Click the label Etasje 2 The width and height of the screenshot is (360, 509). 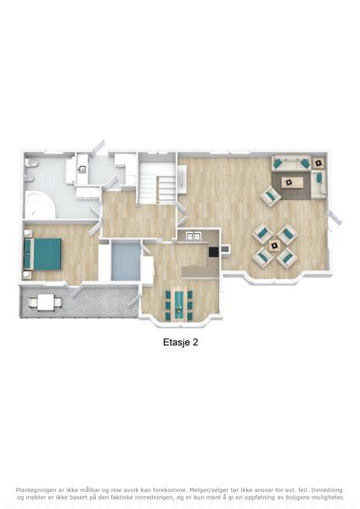pyautogui.click(x=180, y=342)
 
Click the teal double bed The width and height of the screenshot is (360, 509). pyautogui.click(x=42, y=254)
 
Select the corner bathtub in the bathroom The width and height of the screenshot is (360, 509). pyautogui.click(x=40, y=204)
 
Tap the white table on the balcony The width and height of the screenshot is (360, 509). pyautogui.click(x=46, y=302)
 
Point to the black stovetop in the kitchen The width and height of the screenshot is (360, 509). pyautogui.click(x=213, y=252)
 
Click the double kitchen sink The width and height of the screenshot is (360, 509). pyautogui.click(x=193, y=237)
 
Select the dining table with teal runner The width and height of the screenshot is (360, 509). pyautogui.click(x=179, y=305)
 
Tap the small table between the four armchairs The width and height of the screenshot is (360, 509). pyautogui.click(x=275, y=246)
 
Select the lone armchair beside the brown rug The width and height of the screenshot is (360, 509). pyautogui.click(x=270, y=195)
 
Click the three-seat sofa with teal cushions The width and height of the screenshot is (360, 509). pyautogui.click(x=291, y=163)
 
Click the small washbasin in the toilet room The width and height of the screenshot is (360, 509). pyautogui.click(x=82, y=169)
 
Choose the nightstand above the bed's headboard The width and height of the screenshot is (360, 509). pyautogui.click(x=27, y=233)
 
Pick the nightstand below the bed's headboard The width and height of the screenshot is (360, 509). pyautogui.click(x=26, y=275)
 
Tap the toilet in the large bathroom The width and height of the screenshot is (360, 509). pyautogui.click(x=31, y=164)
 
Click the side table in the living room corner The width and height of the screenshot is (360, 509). pyautogui.click(x=319, y=163)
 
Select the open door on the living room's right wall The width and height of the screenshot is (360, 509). pyautogui.click(x=335, y=217)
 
